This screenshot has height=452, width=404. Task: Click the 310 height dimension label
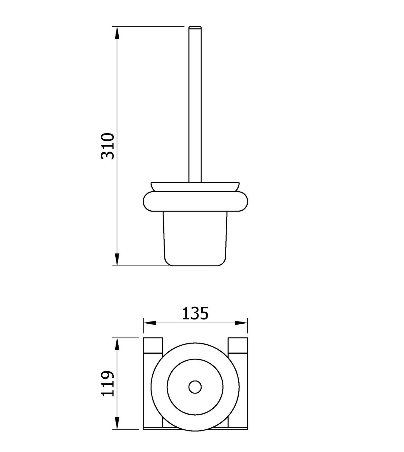tap(108, 146)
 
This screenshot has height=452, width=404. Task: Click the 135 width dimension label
tap(196, 313)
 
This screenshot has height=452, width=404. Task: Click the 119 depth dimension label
tap(108, 384)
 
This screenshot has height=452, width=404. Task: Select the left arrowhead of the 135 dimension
tap(149, 323)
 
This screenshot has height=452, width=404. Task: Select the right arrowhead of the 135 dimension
tap(241, 323)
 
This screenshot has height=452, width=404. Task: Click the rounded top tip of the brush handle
tap(195, 27)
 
